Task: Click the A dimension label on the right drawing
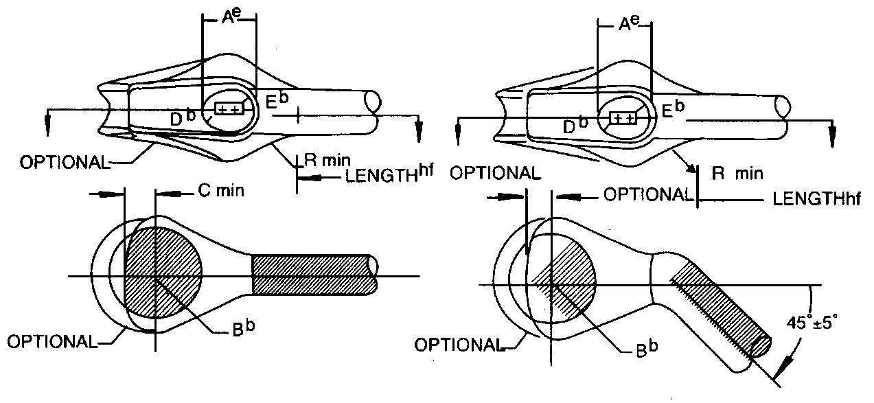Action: (624, 25)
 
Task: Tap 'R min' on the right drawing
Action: (737, 174)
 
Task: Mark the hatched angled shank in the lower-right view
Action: (721, 309)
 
